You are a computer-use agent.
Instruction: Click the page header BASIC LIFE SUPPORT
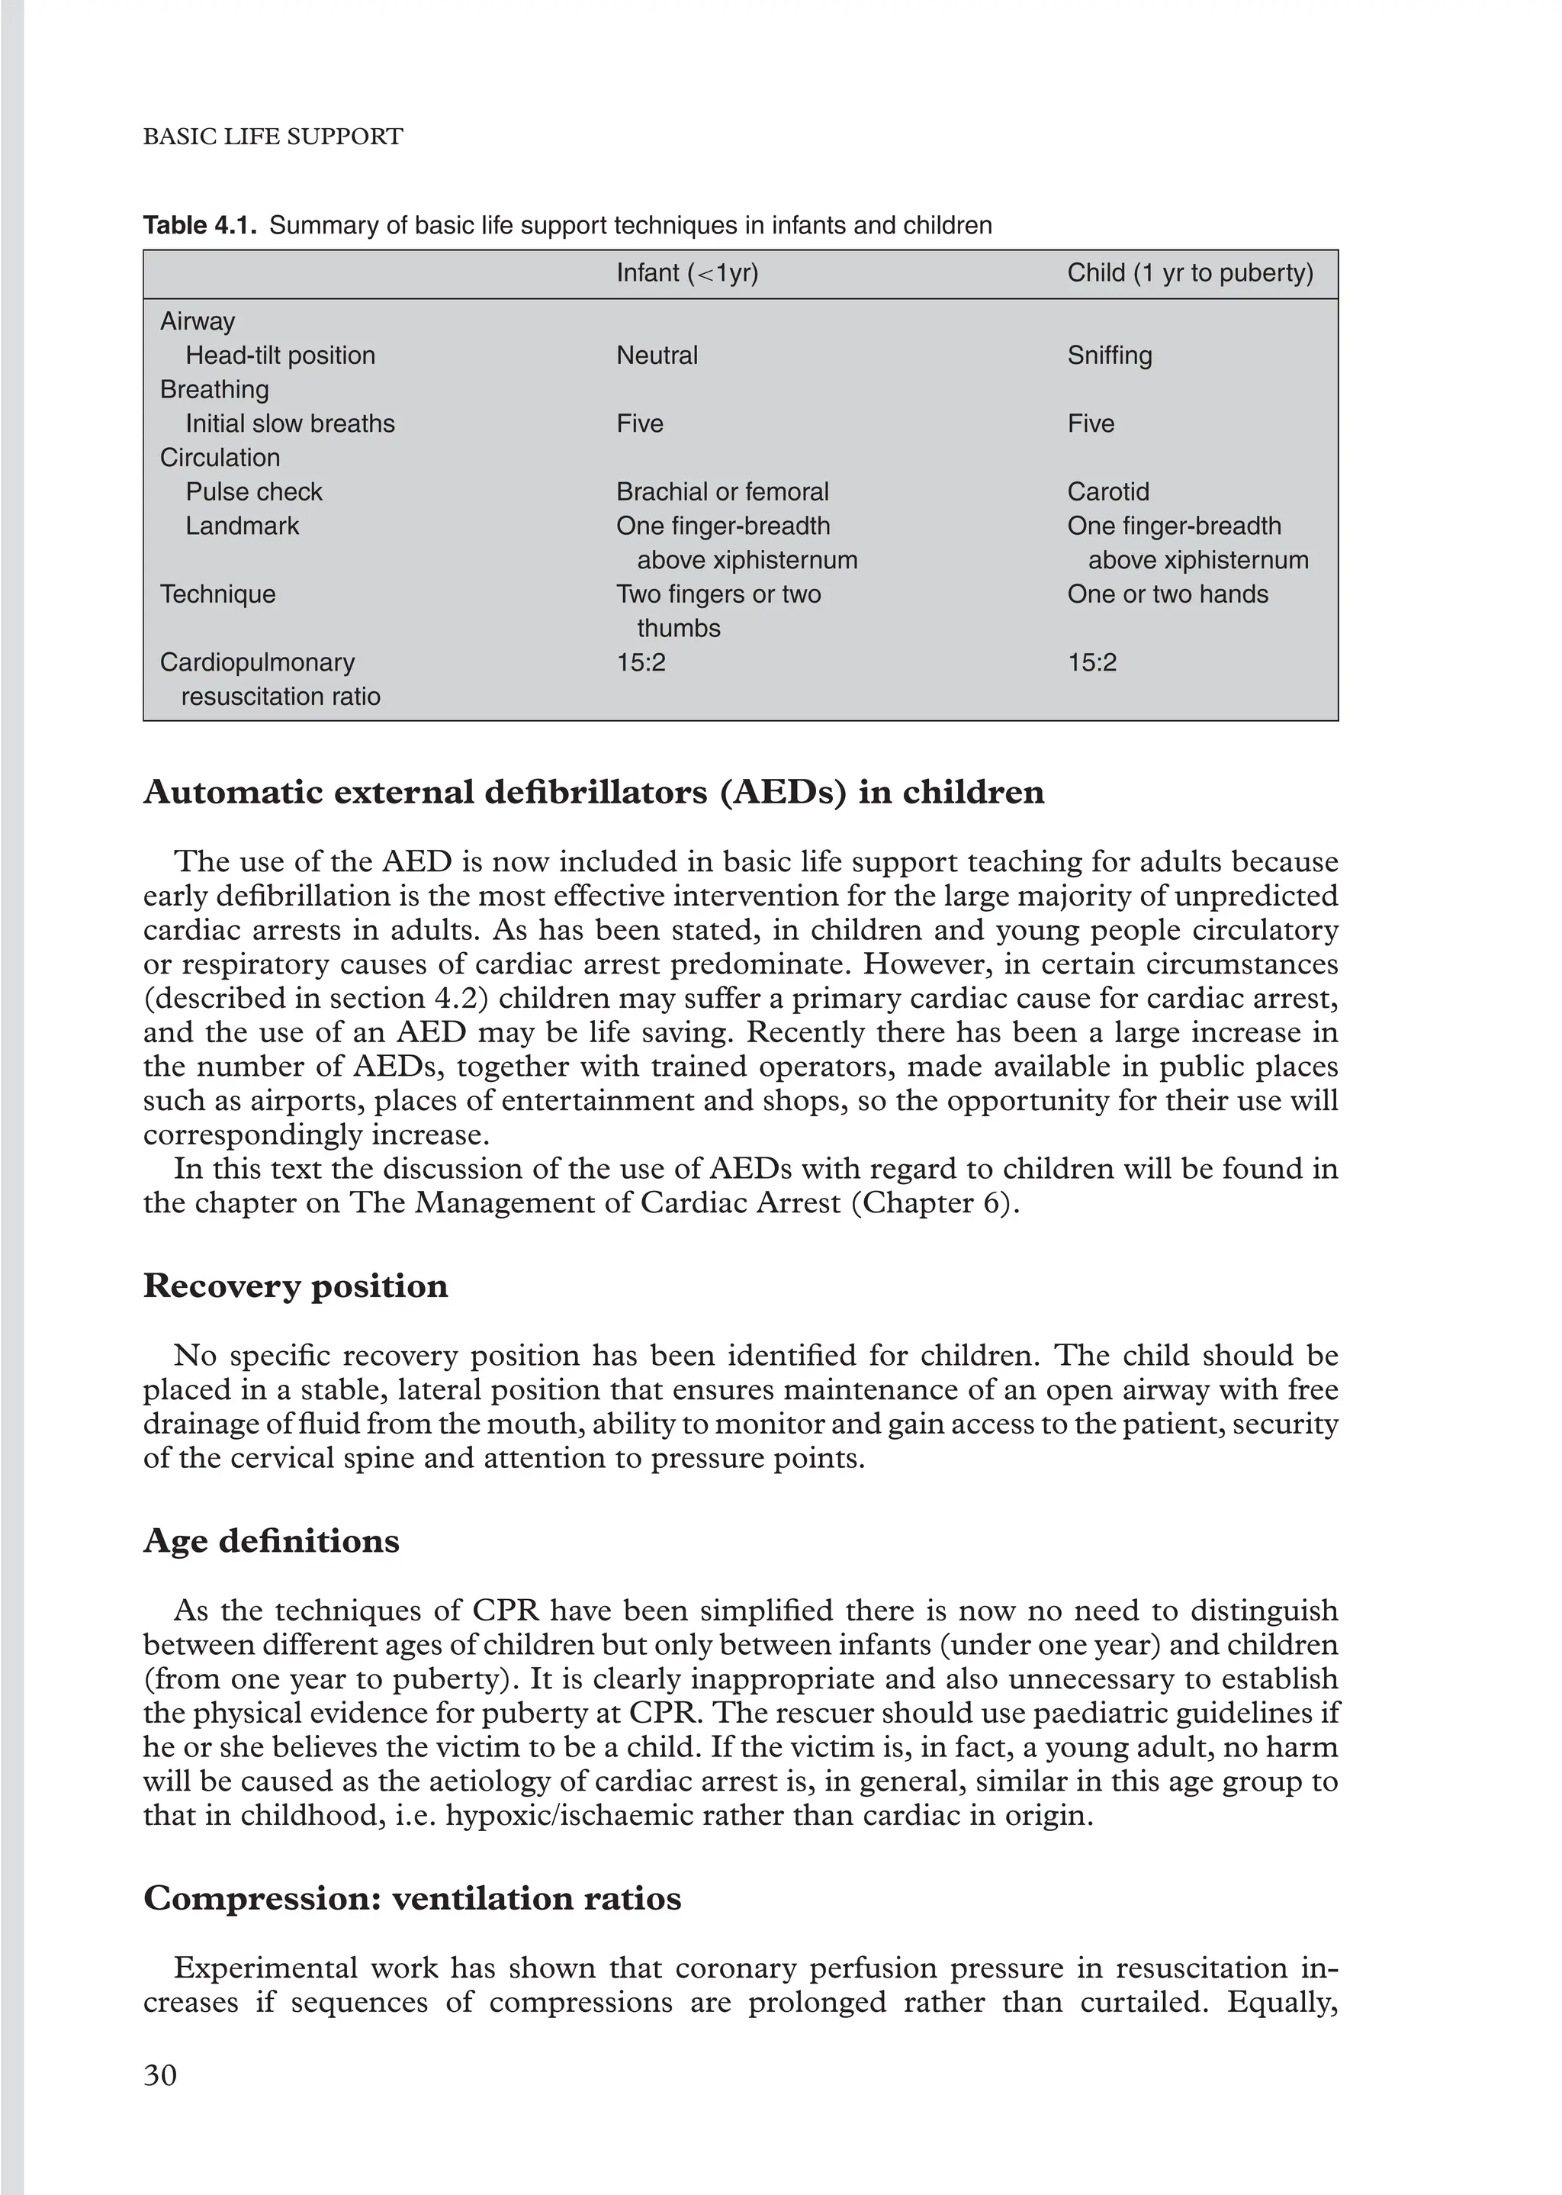(273, 137)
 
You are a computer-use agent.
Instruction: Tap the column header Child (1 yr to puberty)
(1190, 273)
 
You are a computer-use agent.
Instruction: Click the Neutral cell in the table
(657, 356)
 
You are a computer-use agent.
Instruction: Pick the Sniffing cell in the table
(1109, 356)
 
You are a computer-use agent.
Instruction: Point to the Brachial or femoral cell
(722, 492)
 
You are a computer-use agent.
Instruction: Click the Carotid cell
(1108, 492)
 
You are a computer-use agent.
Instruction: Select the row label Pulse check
(254, 492)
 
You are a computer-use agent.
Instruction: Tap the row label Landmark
(243, 526)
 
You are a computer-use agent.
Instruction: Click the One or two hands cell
(1167, 594)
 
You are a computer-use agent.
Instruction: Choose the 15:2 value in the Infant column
(641, 663)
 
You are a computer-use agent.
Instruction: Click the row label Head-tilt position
(280, 356)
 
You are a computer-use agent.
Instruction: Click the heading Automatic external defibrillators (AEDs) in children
(593, 793)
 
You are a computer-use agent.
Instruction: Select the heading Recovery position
(295, 1286)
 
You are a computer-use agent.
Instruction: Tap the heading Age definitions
(272, 1541)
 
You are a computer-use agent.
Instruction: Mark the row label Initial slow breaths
(290, 424)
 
